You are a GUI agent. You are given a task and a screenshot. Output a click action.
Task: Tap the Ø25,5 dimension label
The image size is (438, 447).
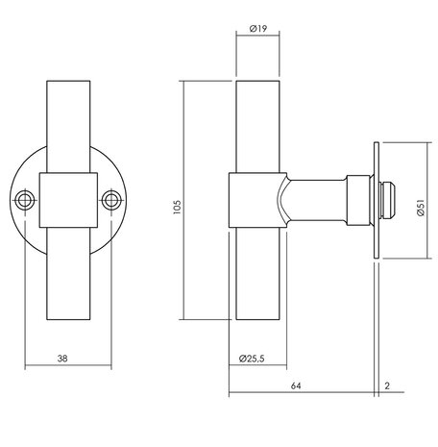249,360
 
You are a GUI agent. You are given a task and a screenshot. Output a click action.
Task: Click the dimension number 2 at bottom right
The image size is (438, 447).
386,386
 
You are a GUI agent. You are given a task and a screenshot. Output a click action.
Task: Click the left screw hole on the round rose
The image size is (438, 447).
22,200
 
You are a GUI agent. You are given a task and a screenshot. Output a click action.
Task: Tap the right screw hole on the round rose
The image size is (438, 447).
114,200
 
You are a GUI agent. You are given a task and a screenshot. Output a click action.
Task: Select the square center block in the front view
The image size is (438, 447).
68,200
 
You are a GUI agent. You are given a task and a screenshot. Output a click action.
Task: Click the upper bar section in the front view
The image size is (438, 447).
68,125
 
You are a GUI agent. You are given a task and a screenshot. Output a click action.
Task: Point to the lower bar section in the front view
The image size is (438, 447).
68,279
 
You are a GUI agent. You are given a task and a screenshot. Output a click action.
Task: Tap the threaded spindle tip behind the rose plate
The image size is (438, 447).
392,201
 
